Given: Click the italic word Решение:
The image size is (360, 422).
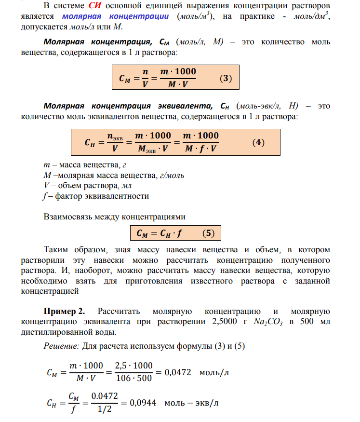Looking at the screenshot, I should coord(61,346).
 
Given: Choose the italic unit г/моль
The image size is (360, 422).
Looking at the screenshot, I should coord(171,175).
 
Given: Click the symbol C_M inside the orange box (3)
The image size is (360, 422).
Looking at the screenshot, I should coord(125,77).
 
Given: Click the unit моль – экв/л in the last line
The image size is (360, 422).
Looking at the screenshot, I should coord(189,403).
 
